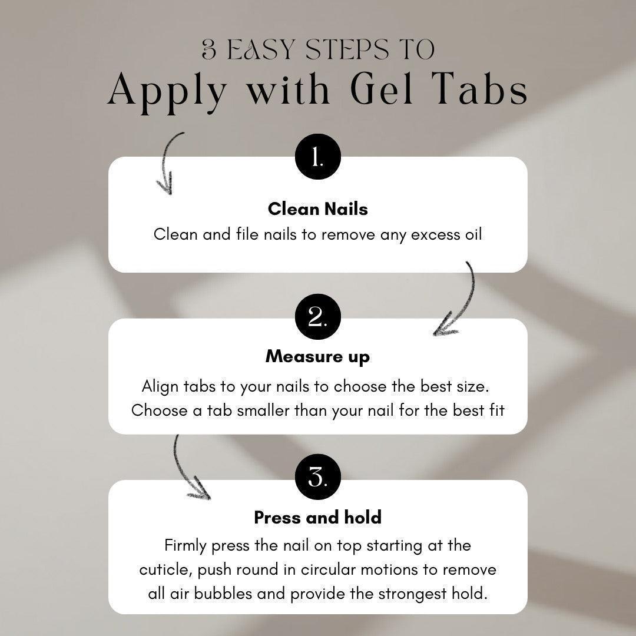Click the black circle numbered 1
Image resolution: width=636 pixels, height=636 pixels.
pyautogui.click(x=318, y=157)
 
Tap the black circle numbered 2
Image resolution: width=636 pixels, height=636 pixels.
pyautogui.click(x=318, y=317)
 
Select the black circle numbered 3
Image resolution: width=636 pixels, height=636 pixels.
pyautogui.click(x=318, y=476)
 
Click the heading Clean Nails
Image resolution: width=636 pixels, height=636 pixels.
pyautogui.click(x=318, y=209)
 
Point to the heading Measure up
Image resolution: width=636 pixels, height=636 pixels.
pyautogui.click(x=318, y=357)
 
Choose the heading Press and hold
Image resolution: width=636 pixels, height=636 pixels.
pyautogui.click(x=318, y=518)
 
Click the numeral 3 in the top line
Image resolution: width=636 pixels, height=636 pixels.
pyautogui.click(x=209, y=50)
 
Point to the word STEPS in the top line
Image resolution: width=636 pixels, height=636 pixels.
pyautogui.click(x=347, y=50)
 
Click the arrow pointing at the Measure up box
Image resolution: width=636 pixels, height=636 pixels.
pyautogui.click(x=471, y=298)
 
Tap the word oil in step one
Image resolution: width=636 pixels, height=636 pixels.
pyautogui.click(x=473, y=234)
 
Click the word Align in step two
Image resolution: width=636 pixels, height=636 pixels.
pyautogui.click(x=160, y=387)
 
